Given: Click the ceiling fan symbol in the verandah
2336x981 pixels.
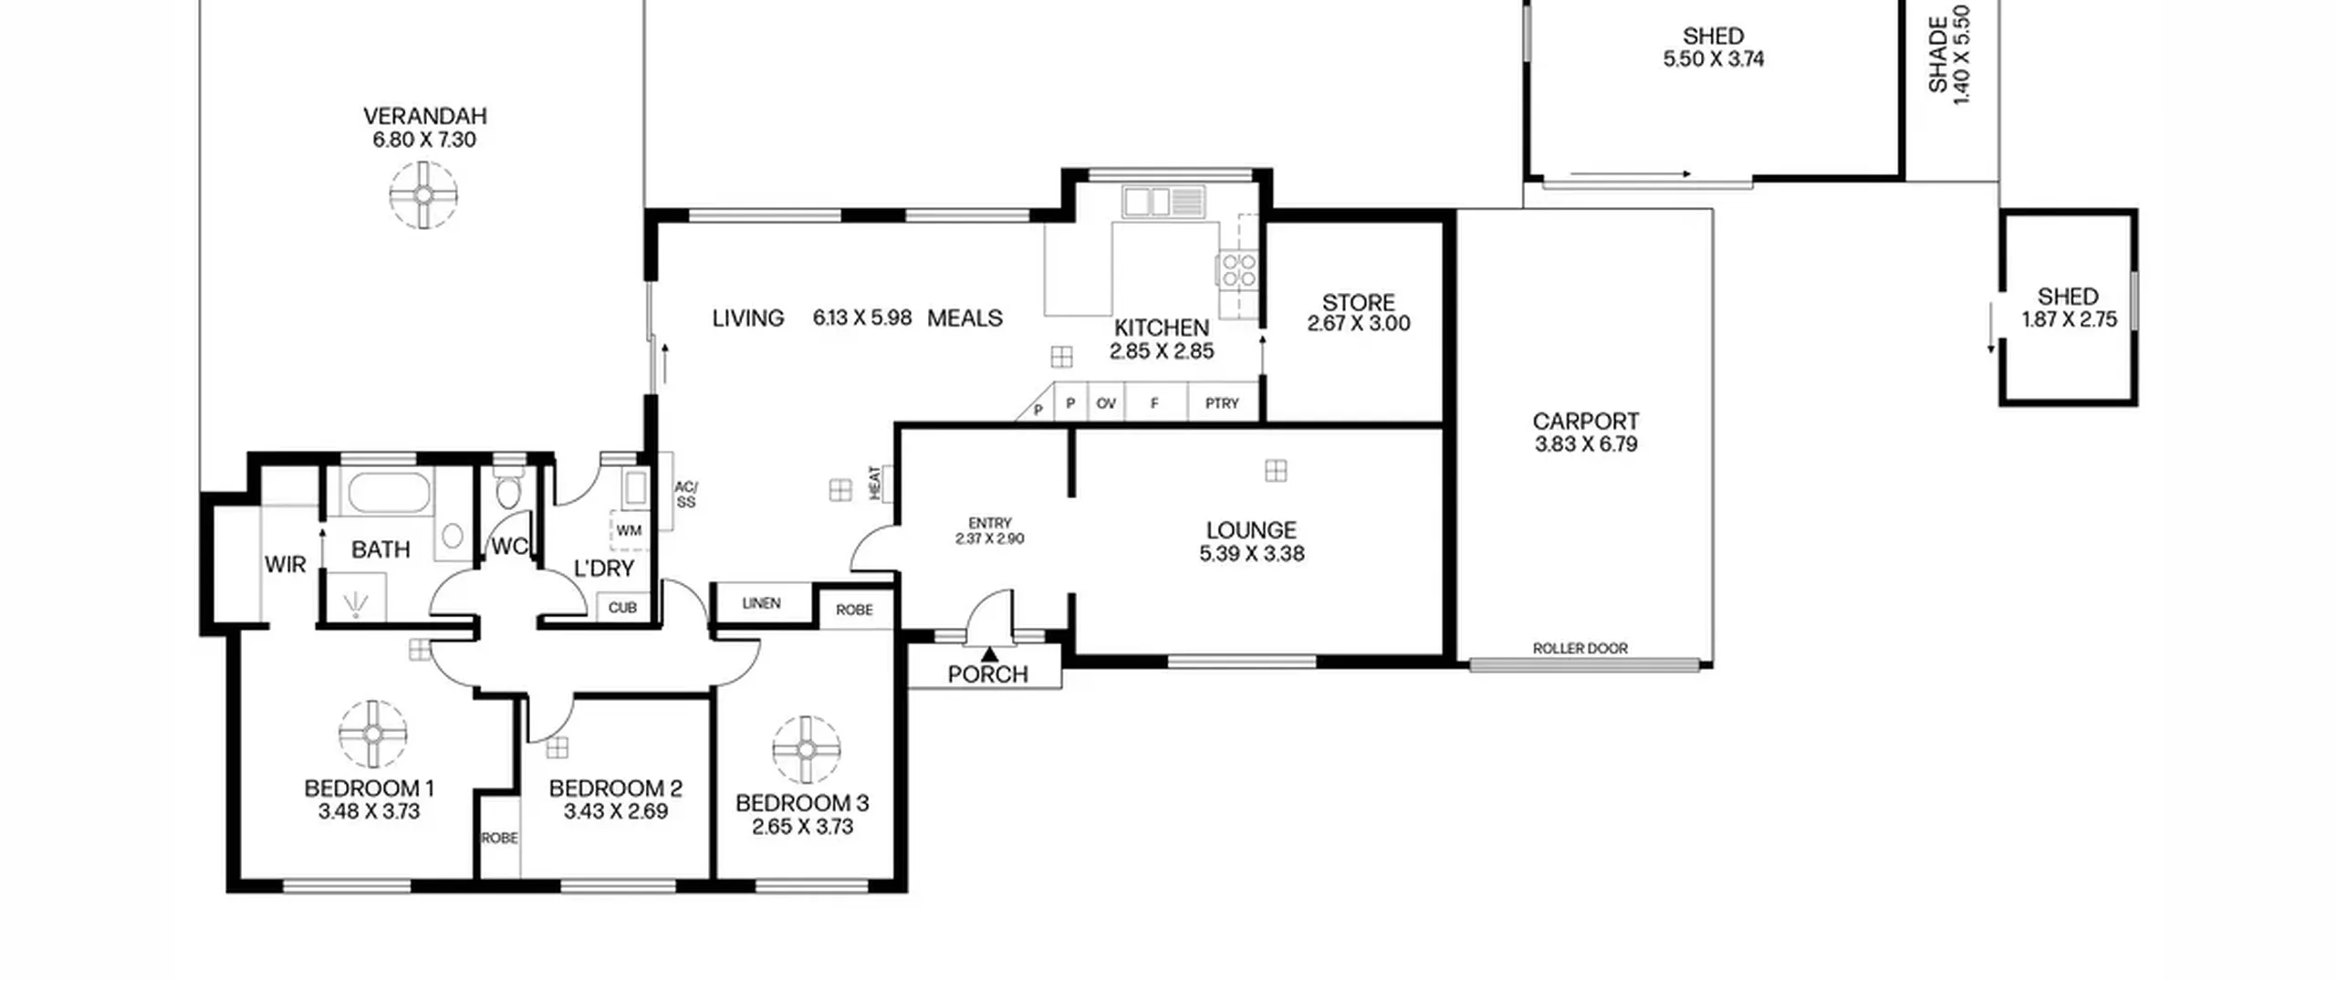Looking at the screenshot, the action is tap(423, 194).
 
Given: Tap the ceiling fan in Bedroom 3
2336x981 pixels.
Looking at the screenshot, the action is tap(806, 749).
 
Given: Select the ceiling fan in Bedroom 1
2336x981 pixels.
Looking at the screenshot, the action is tap(373, 735).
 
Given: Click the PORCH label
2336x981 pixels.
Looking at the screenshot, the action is tap(987, 674).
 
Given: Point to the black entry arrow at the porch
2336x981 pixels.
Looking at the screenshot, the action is tap(989, 652).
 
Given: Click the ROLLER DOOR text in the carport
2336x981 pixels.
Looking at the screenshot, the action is tap(1580, 648).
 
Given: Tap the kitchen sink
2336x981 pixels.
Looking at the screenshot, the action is tap(1163, 202).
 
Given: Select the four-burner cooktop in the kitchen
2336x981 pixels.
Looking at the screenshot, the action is tap(1238, 271).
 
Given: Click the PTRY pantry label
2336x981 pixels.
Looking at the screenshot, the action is tap(1222, 403).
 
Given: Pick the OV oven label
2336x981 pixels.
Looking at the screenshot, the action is tap(1106, 403).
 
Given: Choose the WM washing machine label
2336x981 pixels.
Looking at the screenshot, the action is tap(629, 530).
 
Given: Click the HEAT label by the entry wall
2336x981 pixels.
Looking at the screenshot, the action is tap(875, 483).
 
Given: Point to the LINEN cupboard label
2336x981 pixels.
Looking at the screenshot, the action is tap(761, 603).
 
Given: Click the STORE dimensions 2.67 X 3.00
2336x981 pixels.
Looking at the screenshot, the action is tap(1358, 323).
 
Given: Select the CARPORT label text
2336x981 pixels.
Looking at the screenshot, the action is tap(1585, 422).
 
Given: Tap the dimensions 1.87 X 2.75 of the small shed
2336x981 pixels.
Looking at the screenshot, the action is tap(2069, 319).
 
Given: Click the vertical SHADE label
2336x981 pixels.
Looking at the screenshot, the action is tap(1938, 55).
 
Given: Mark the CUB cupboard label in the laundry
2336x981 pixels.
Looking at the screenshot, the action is tap(622, 608).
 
